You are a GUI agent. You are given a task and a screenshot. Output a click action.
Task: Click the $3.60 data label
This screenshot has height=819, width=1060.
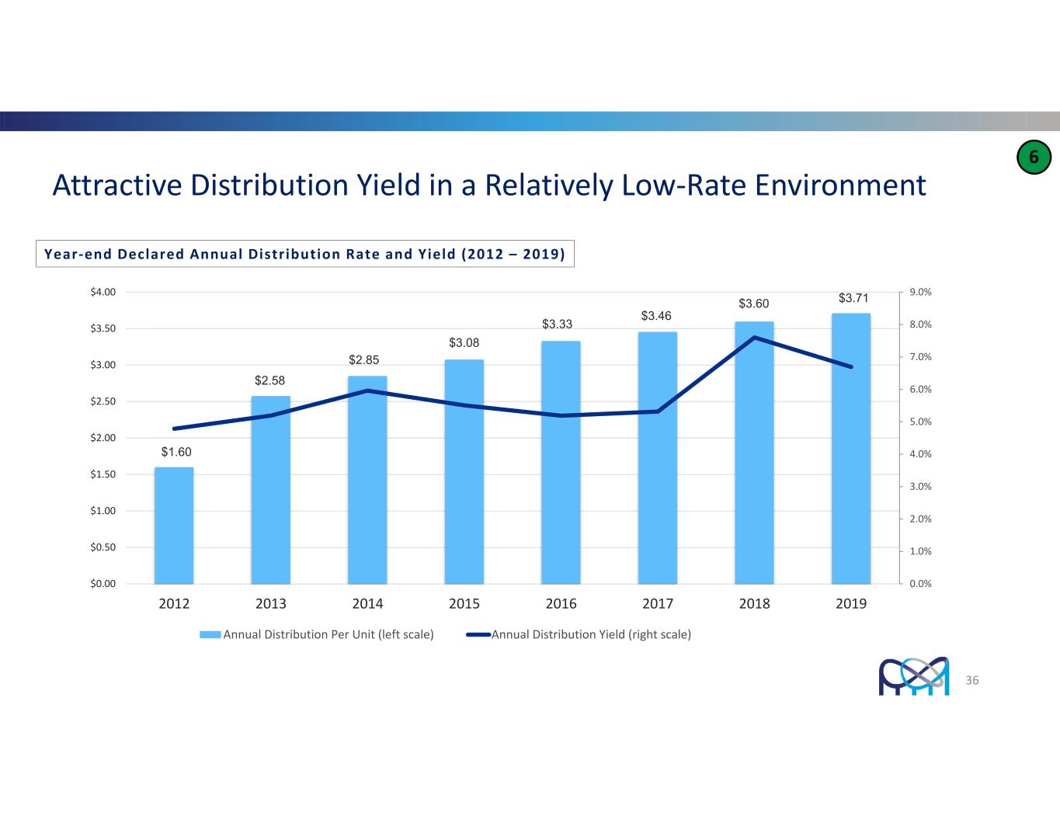pos(753,304)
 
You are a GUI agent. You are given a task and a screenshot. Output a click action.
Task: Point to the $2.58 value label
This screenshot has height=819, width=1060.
pos(270,380)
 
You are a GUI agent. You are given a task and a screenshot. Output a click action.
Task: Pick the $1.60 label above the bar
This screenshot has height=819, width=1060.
pos(176,452)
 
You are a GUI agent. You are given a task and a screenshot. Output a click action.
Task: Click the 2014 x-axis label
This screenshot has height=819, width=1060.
pos(367,604)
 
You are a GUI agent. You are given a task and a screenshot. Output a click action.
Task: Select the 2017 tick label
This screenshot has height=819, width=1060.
pos(658,604)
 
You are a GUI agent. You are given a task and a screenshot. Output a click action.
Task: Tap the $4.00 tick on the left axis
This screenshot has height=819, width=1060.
pos(103,292)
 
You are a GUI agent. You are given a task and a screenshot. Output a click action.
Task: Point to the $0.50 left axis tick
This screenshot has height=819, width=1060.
pos(103,547)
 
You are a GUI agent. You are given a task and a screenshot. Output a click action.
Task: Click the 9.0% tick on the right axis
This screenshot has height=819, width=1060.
pos(920,292)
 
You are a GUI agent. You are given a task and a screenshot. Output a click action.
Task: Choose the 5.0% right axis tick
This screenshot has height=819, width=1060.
pos(920,422)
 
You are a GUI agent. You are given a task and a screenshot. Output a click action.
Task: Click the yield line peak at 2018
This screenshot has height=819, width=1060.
pos(754,338)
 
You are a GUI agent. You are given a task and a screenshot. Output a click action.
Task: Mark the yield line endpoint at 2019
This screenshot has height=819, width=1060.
pos(851,366)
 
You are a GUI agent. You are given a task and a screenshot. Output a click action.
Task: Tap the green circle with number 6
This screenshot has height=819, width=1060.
pos(1034,158)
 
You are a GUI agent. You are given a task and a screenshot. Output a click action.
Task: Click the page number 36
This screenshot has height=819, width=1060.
pos(972,681)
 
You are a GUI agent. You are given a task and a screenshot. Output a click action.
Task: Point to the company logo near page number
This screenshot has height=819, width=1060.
pos(914,676)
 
